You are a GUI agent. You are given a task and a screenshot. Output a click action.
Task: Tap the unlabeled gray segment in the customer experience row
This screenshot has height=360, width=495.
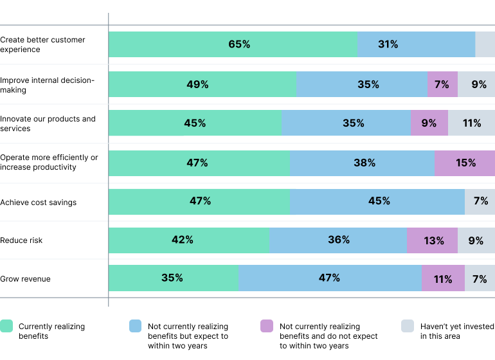pyautogui.click(x=485, y=44)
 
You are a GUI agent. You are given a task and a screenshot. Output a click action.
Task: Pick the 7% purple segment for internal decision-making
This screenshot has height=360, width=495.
pyautogui.click(x=442, y=84)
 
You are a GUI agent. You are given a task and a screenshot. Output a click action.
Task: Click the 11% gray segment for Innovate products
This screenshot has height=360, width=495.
pyautogui.click(x=471, y=123)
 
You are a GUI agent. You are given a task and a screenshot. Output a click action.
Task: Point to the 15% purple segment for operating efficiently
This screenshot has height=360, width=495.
pyautogui.click(x=465, y=163)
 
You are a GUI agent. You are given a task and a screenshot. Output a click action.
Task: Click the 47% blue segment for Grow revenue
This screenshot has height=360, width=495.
pyautogui.click(x=330, y=278)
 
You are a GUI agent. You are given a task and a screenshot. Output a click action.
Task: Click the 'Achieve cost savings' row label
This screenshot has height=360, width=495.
pyautogui.click(x=38, y=203)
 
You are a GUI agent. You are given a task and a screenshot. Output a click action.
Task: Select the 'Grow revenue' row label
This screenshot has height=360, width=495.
pyautogui.click(x=25, y=279)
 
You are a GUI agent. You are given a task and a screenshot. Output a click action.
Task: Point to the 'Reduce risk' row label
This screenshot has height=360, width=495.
pyautogui.click(x=21, y=240)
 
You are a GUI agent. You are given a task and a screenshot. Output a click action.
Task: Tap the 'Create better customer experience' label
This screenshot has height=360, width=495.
pyautogui.click(x=42, y=44)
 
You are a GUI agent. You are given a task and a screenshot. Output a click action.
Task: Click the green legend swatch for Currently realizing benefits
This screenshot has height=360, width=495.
pyautogui.click(x=6, y=326)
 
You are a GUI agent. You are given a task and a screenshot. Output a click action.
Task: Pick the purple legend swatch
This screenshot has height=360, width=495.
pyautogui.click(x=267, y=326)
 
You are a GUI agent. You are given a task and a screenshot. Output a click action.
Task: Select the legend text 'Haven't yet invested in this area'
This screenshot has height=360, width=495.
pyautogui.click(x=456, y=331)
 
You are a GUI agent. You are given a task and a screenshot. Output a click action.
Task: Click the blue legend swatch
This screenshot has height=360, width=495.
pyautogui.click(x=136, y=326)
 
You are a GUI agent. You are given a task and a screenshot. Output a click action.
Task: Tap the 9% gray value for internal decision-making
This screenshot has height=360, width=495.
pyautogui.click(x=478, y=84)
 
